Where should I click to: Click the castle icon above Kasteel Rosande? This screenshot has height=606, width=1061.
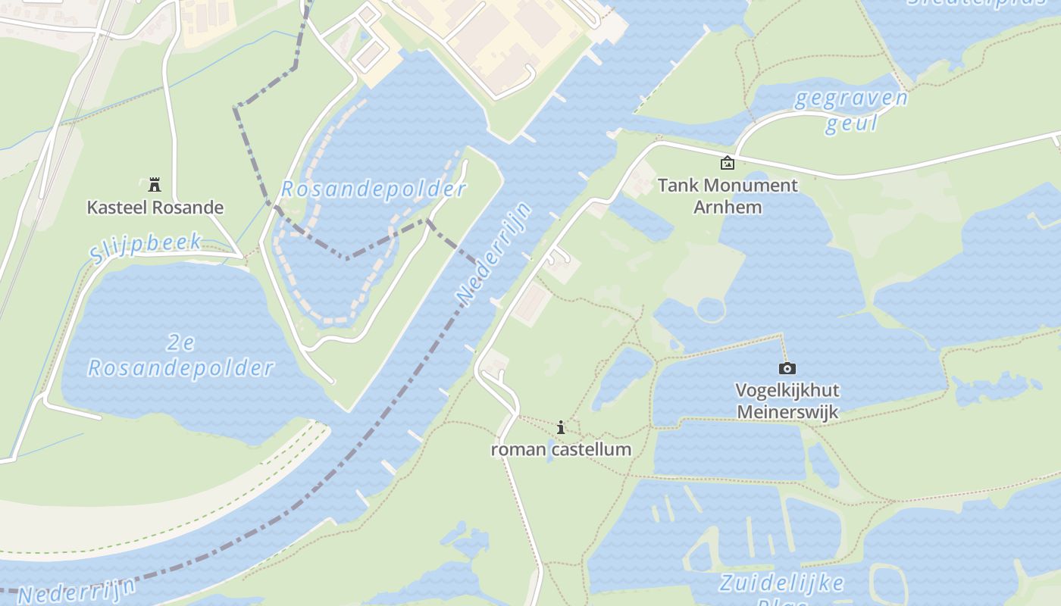click(155, 184)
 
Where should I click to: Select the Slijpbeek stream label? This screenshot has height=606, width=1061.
click(146, 248)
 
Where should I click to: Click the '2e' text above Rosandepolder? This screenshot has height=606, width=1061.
click(180, 343)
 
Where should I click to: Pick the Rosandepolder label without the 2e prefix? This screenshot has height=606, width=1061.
click(373, 189)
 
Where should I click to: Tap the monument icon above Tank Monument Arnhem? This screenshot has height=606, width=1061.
click(727, 163)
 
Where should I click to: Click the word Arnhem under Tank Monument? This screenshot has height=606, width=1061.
click(728, 207)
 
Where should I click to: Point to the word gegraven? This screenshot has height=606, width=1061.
click(850, 98)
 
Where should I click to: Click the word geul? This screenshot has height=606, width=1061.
click(850, 123)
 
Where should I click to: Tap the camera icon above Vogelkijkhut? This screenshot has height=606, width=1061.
click(787, 368)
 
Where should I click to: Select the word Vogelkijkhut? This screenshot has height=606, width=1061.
click(787, 391)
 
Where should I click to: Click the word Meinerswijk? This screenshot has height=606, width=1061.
click(787, 412)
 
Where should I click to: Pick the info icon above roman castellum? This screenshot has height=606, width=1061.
click(561, 427)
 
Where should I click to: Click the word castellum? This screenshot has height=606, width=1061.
click(591, 449)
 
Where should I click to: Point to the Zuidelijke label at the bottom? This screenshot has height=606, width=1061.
click(781, 583)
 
